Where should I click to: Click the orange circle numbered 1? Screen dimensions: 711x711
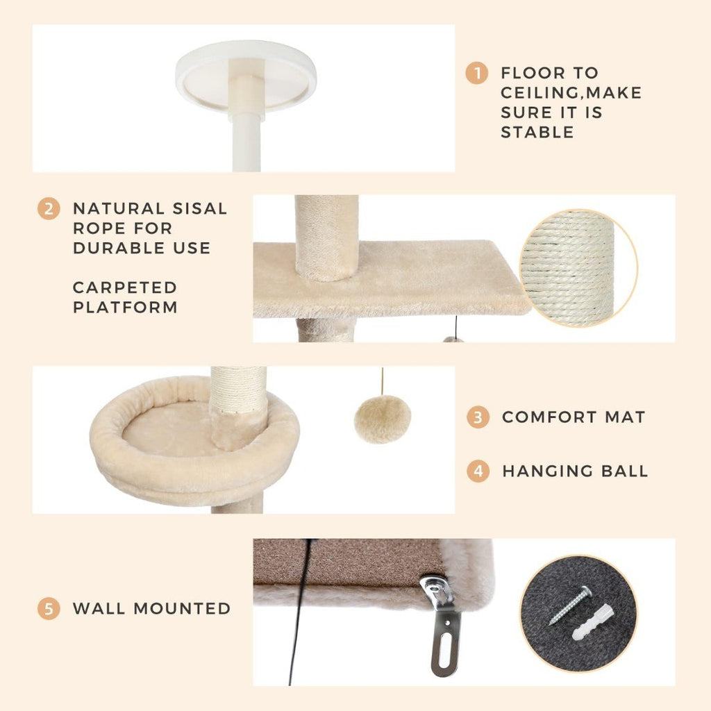coord(476,73)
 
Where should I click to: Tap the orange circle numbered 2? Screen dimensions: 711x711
coord(49,208)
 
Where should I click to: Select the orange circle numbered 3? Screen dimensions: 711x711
coord(478,417)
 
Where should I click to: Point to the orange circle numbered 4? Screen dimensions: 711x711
coord(478,471)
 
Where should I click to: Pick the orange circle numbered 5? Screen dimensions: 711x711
coord(49,608)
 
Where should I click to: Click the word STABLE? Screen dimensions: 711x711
coord(537,133)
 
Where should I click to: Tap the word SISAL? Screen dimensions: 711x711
coord(200,208)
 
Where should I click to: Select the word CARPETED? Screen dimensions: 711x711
coord(125,287)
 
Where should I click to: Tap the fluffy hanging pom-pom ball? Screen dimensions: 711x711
coord(383,419)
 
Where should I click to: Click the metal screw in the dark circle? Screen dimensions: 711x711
coord(570,605)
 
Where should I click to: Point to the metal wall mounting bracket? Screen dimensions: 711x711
coord(442,624)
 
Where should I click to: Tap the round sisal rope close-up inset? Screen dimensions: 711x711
coord(578,268)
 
